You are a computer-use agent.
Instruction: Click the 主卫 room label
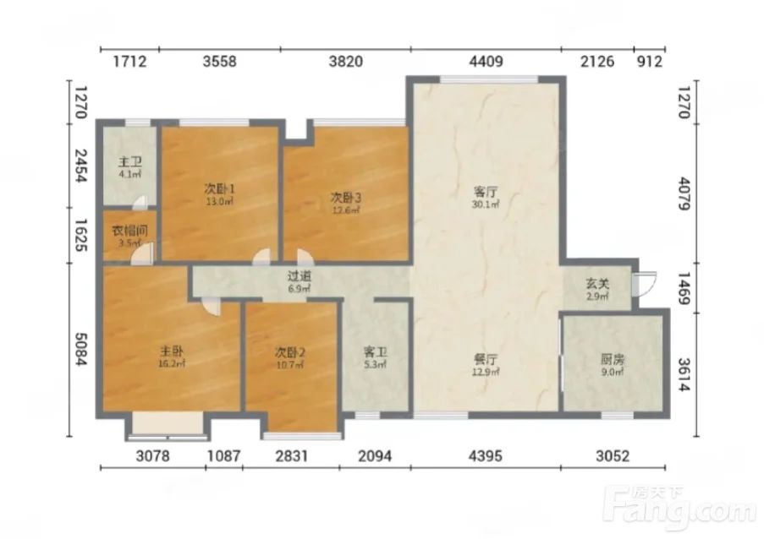click(130, 161)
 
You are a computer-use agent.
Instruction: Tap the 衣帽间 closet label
click(129, 231)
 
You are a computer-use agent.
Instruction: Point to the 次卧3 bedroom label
click(346, 198)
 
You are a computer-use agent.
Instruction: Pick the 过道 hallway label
click(299, 275)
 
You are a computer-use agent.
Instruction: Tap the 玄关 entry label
click(597, 283)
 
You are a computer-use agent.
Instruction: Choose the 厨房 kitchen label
click(612, 360)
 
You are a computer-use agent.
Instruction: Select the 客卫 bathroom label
click(375, 351)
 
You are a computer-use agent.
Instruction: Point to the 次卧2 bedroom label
click(290, 351)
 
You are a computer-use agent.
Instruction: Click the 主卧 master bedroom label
click(172, 351)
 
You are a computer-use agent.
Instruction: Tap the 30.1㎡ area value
click(486, 204)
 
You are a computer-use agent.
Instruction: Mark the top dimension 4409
click(486, 62)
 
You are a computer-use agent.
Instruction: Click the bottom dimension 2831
click(291, 456)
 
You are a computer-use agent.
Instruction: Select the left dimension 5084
click(81, 349)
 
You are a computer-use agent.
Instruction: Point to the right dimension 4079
click(684, 194)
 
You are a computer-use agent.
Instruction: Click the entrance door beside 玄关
click(644, 284)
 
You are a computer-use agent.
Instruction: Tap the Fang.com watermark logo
click(679, 508)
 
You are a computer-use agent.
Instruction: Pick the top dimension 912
click(650, 62)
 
